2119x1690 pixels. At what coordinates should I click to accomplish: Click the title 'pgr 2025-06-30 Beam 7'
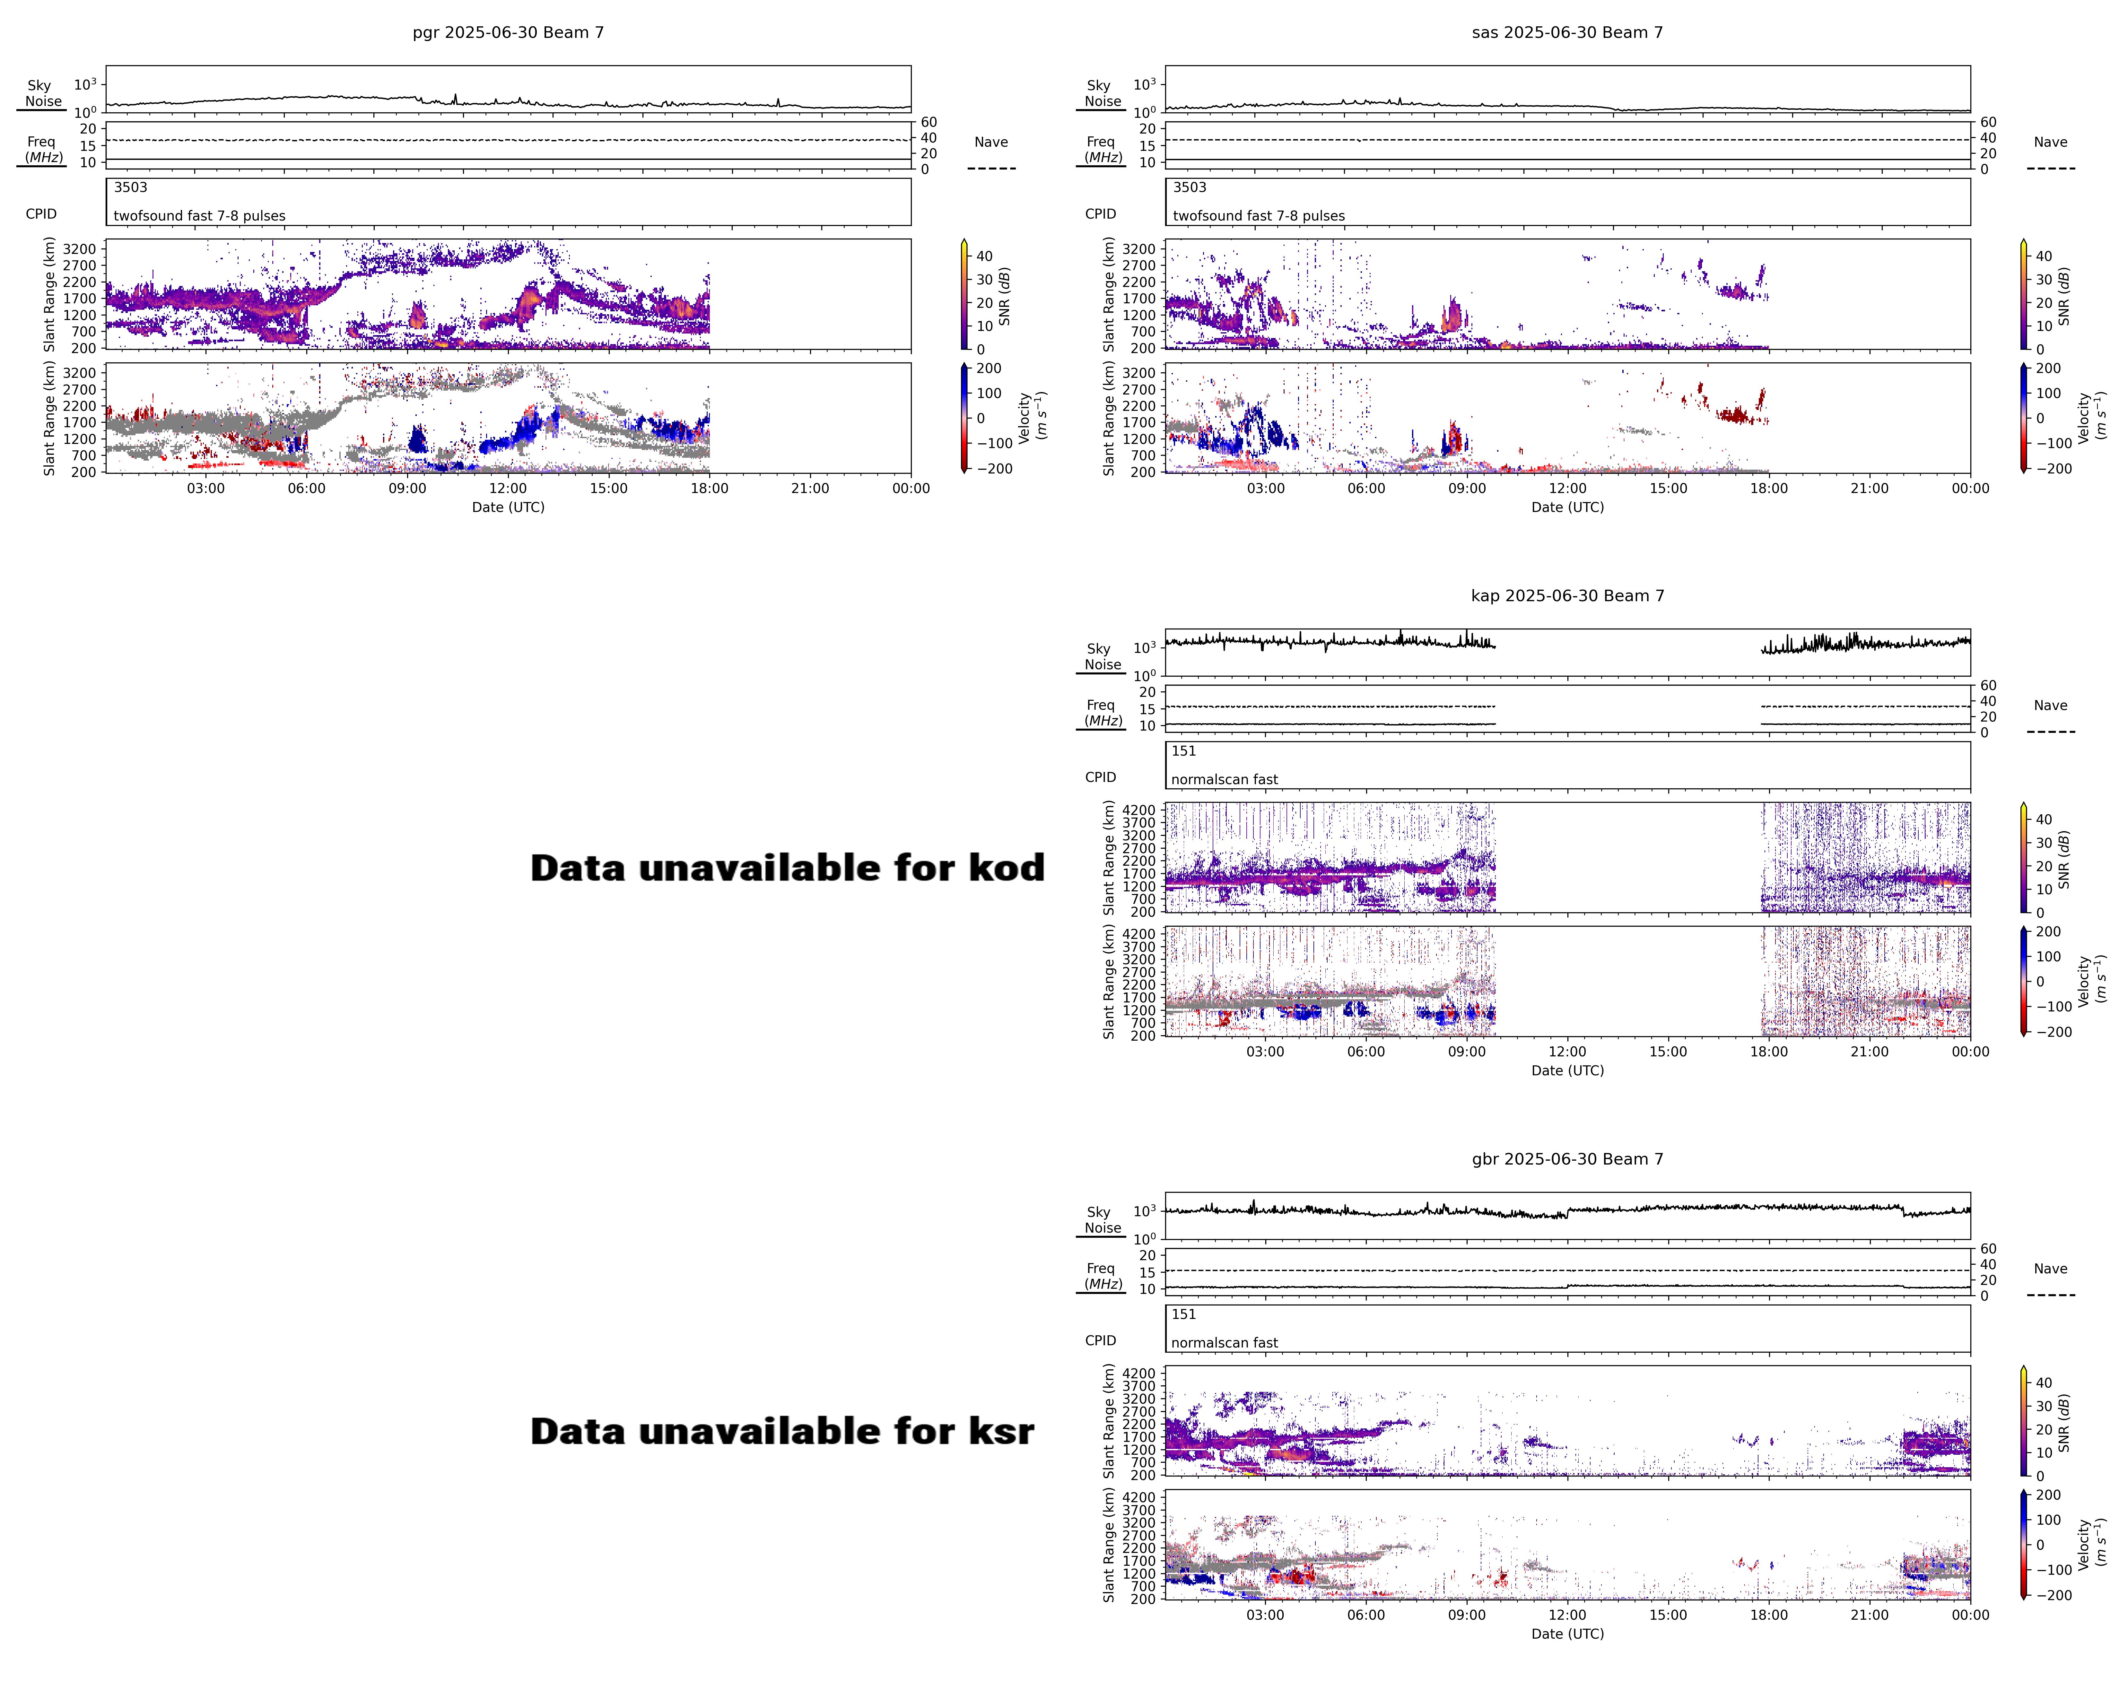coord(508,32)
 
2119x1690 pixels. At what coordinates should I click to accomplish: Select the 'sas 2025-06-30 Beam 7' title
coord(1568,32)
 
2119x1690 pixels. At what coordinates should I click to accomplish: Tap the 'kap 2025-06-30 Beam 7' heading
coord(1568,595)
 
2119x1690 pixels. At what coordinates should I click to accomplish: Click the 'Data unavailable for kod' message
coord(787,868)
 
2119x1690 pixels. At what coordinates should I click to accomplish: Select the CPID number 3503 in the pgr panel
coord(131,187)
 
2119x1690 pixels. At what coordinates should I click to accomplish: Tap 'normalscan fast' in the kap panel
coord(1225,779)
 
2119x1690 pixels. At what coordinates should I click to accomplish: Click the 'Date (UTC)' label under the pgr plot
coord(508,507)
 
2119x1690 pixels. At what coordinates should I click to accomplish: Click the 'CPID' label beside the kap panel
coord(1101,777)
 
